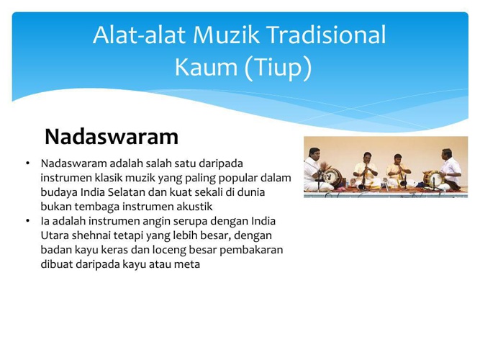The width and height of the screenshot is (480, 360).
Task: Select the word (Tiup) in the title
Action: point(278,68)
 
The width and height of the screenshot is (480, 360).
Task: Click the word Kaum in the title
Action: point(206,67)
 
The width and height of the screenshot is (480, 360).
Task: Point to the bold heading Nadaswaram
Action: point(112,137)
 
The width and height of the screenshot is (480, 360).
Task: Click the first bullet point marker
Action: point(28,163)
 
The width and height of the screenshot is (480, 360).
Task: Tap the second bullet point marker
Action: point(28,220)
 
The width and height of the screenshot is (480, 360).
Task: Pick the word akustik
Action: point(194,207)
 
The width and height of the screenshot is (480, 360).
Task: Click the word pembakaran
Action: point(251,250)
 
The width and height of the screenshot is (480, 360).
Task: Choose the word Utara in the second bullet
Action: point(55,235)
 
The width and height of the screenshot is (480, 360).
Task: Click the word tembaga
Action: point(97,207)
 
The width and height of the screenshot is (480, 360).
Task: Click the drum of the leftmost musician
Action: point(332,177)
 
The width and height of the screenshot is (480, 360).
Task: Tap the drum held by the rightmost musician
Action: point(433,179)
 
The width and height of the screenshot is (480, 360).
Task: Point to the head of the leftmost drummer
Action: point(314,153)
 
